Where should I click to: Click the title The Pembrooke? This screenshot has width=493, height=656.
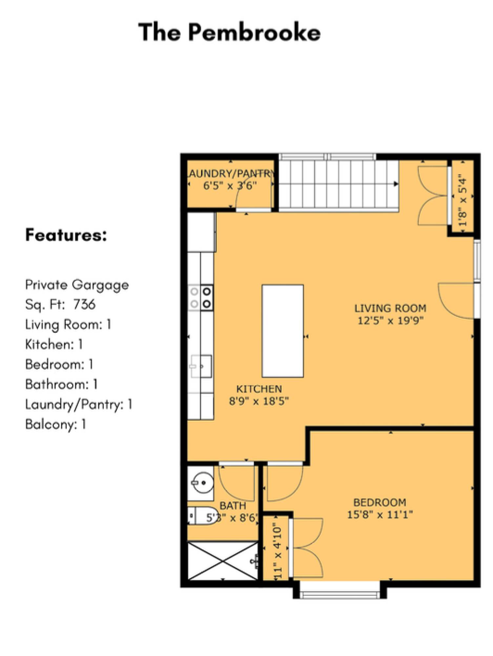coord(229,32)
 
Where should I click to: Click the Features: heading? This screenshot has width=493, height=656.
coord(66,235)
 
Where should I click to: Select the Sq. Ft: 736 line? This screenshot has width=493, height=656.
coord(60,304)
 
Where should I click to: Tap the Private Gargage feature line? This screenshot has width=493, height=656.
coord(77,285)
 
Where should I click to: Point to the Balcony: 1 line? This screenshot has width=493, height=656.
coord(55,424)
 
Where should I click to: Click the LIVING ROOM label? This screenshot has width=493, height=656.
coord(390,308)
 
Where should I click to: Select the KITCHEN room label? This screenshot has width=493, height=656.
coord(259,389)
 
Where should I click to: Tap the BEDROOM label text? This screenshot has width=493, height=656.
coord(380,502)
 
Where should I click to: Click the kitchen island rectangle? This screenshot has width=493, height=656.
coord(282,331)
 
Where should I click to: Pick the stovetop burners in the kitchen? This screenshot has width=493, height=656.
coord(201,297)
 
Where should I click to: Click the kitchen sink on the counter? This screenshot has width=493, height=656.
coord(201,366)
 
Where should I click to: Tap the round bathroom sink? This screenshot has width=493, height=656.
coord(202,482)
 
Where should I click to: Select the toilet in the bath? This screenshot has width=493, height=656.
coord(202,516)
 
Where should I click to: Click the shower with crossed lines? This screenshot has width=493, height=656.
coord(223,561)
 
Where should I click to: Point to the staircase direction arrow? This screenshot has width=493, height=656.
coord(396,184)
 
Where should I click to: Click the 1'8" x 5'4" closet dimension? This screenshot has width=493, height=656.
coord(462,200)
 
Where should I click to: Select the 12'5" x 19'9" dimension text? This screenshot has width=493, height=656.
coord(390,320)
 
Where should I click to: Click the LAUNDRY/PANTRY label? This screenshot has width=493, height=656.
coord(231,173)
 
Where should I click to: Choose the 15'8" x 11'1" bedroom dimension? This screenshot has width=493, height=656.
coord(380,514)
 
